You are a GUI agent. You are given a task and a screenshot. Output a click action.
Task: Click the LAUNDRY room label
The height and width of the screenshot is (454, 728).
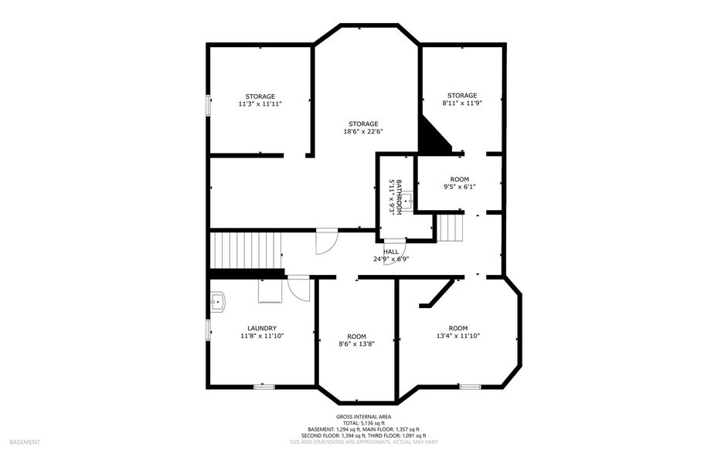click(x=262, y=328)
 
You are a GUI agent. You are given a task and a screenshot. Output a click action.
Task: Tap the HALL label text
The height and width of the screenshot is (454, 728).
click(x=391, y=252)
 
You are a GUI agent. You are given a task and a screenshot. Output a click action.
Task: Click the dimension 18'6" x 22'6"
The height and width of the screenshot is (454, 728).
click(x=363, y=131)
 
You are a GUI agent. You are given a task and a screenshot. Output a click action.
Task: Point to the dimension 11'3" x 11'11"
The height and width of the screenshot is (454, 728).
click(x=260, y=103)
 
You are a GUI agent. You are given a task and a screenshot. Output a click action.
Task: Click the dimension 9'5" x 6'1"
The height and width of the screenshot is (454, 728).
click(x=459, y=186)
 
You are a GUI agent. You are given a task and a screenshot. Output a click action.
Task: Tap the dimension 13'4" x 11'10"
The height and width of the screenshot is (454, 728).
click(x=458, y=336)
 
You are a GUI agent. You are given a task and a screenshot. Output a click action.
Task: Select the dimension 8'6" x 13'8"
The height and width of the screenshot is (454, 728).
click(x=356, y=344)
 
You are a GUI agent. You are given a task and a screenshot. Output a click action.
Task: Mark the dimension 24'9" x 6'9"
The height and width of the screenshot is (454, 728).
click(x=391, y=259)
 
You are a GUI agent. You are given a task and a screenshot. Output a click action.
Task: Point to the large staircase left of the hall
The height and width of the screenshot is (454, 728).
click(x=246, y=249)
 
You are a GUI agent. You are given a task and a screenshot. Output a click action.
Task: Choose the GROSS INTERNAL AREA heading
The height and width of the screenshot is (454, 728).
click(x=363, y=417)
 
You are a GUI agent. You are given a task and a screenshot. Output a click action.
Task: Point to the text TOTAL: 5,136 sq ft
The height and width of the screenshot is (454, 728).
click(x=363, y=423)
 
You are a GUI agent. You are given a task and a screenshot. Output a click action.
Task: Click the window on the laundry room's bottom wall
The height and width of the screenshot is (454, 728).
click(x=264, y=385)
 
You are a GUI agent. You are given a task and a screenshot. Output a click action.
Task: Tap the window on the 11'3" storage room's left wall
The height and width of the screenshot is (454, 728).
click(x=207, y=106)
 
